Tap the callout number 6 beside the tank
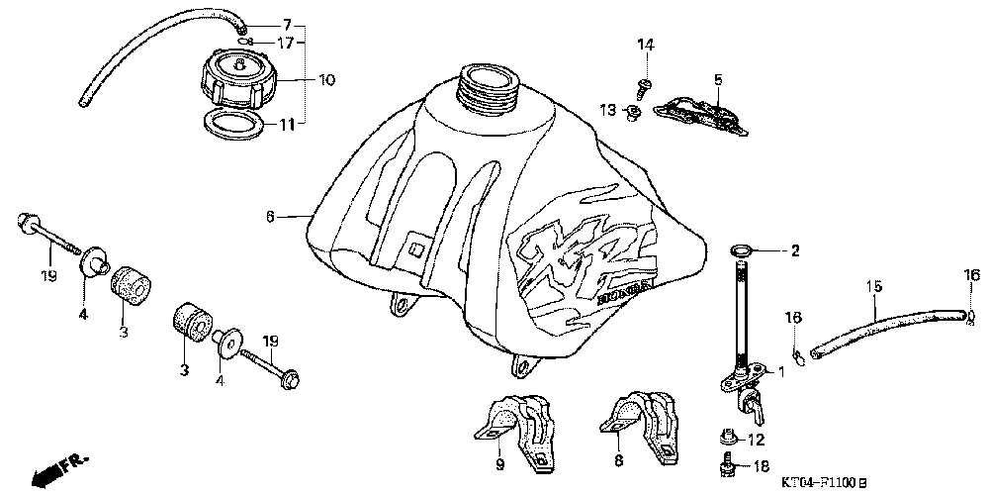[x=270, y=215]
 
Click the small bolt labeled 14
[x=643, y=87]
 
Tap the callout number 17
[x=286, y=43]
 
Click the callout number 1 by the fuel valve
[x=781, y=373]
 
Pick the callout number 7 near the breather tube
[x=287, y=24]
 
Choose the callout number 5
[x=719, y=78]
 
